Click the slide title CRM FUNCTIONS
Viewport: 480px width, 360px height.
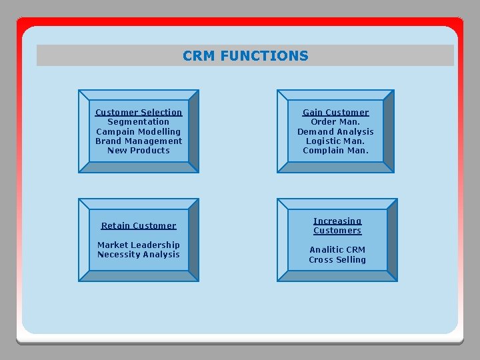(x=245, y=56)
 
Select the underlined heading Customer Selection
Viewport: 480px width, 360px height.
(x=139, y=113)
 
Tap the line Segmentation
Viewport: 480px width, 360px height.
(x=139, y=122)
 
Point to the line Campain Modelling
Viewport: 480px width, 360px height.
(x=139, y=131)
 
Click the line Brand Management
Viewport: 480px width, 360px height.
(x=139, y=141)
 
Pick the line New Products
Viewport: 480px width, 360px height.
(x=139, y=150)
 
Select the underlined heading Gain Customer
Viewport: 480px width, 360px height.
(x=335, y=113)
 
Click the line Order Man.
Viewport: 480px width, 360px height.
(x=335, y=122)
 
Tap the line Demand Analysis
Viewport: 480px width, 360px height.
(x=335, y=131)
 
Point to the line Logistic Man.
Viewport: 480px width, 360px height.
(x=335, y=141)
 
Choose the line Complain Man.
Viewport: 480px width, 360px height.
(x=335, y=150)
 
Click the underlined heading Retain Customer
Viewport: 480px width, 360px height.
(x=139, y=226)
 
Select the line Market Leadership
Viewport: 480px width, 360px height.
(x=139, y=245)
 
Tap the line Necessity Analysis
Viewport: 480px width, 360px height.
(x=139, y=254)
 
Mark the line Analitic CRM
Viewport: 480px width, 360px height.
(x=337, y=250)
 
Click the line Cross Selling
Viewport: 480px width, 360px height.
(x=337, y=259)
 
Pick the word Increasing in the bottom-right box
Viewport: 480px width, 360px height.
(x=337, y=221)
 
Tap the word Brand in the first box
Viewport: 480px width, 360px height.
(x=108, y=141)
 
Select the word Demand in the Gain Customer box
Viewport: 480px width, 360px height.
(x=313, y=131)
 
